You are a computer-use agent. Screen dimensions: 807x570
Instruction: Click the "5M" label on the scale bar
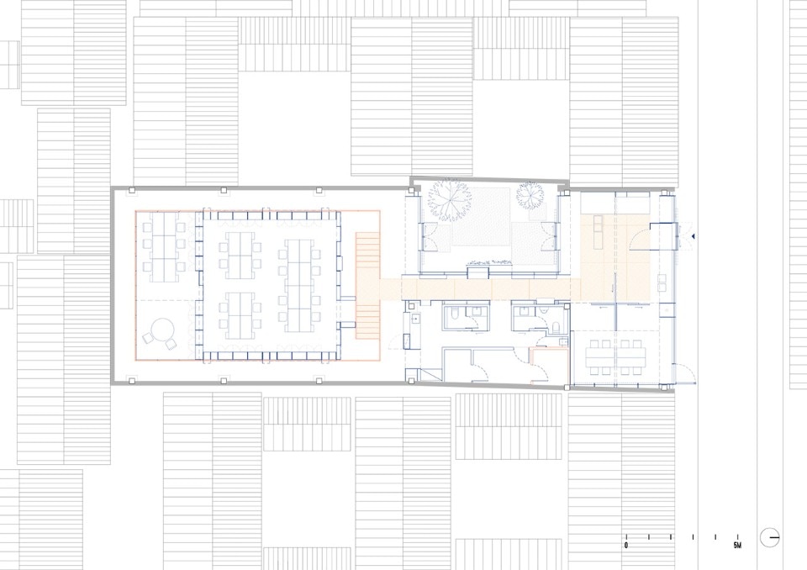click(x=737, y=546)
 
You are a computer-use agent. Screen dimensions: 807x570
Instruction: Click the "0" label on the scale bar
click(x=625, y=546)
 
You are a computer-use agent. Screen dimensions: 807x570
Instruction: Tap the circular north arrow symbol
click(x=770, y=537)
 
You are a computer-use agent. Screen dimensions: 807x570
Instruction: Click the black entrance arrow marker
click(x=694, y=236)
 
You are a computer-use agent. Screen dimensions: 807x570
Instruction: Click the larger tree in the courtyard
click(x=449, y=200)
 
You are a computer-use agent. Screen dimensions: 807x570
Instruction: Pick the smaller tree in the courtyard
click(x=530, y=195)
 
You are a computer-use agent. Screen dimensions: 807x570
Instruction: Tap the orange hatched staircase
click(x=367, y=285)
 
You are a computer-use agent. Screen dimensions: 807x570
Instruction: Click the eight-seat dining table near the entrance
click(x=615, y=356)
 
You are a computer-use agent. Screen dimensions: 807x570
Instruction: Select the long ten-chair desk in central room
click(x=299, y=285)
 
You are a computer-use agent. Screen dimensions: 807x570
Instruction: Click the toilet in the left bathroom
click(x=453, y=316)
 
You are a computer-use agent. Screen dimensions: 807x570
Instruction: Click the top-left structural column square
click(x=132, y=190)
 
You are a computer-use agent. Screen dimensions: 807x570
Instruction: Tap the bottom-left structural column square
click(x=132, y=381)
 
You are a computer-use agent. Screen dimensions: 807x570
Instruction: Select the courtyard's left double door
click(x=430, y=237)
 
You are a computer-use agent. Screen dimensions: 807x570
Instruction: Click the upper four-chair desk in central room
click(x=240, y=256)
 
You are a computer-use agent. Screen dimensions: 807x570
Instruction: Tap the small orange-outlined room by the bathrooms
click(x=550, y=367)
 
